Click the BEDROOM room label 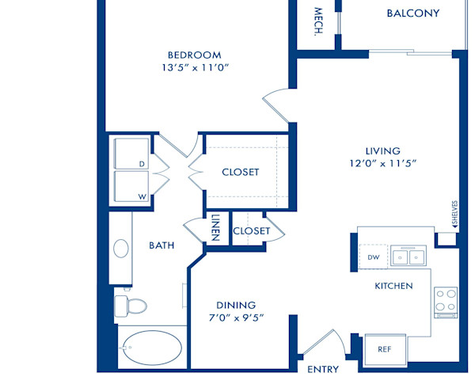click(193, 55)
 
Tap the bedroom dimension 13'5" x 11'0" click(193, 67)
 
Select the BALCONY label click(412, 13)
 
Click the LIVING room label click(382, 150)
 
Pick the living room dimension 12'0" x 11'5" click(382, 164)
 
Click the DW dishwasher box click(373, 257)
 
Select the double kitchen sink click(410, 257)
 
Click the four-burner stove click(446, 300)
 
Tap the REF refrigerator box click(384, 348)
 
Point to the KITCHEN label click(393, 285)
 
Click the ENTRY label click(322, 369)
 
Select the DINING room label click(236, 305)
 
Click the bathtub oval click(150, 347)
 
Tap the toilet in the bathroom click(131, 305)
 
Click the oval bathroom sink click(121, 249)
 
